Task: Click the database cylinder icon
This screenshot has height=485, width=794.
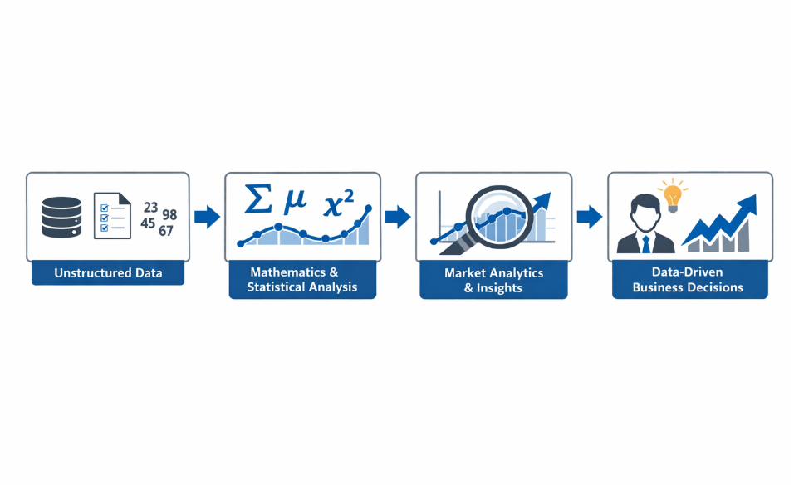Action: point(62,218)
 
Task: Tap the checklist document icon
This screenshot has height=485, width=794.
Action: point(112,216)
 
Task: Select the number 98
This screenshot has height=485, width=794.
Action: point(169,215)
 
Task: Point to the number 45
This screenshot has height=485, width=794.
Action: point(149,223)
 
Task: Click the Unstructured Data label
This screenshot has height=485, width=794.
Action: point(108,272)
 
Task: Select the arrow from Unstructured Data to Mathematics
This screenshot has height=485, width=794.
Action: point(207,218)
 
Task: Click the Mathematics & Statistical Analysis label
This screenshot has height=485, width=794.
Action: point(302,280)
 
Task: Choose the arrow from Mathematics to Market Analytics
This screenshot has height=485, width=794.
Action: point(399,218)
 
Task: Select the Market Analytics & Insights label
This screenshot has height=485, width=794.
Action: point(493,280)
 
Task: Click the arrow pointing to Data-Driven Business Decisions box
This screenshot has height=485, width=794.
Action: point(589,218)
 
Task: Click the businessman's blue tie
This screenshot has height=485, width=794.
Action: point(645,242)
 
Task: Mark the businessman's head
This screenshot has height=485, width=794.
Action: point(645,213)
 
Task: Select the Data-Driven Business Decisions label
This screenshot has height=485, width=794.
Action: point(688,280)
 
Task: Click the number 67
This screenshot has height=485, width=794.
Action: point(165,230)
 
